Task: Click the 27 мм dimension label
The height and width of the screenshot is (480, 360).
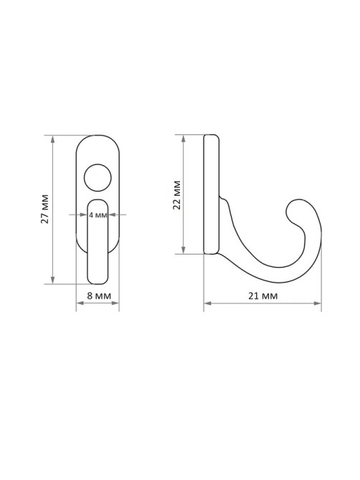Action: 45,209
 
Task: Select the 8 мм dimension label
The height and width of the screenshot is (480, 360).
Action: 99,296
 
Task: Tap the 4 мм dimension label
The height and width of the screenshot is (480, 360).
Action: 98,215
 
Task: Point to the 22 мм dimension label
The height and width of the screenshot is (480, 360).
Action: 177,195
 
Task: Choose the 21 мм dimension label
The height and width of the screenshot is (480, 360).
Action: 262,296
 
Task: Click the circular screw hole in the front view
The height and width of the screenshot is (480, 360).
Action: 98,178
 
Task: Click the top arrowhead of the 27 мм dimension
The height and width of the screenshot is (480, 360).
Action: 53,138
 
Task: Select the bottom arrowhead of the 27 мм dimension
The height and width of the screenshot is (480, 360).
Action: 53,280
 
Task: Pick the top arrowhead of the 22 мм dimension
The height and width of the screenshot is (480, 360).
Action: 183,138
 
